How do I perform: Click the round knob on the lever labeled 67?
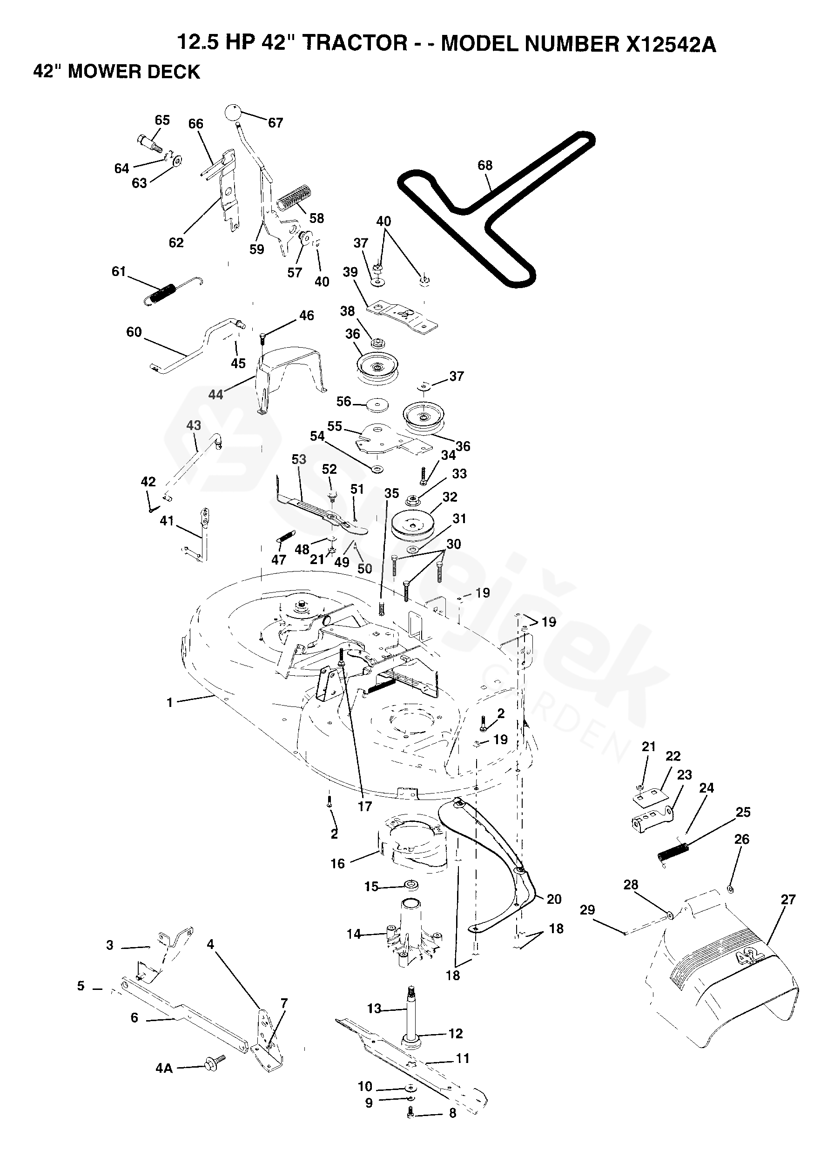pyautogui.click(x=233, y=112)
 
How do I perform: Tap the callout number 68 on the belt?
pyautogui.click(x=484, y=165)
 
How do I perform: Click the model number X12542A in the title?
pyautogui.click(x=671, y=45)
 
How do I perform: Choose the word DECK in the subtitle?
pyautogui.click(x=176, y=72)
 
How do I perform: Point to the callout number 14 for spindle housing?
pyautogui.click(x=353, y=934)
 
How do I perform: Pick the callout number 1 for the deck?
pyautogui.click(x=169, y=702)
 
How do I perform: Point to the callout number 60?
pyautogui.click(x=134, y=332)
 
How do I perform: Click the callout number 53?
pyautogui.click(x=299, y=459)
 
